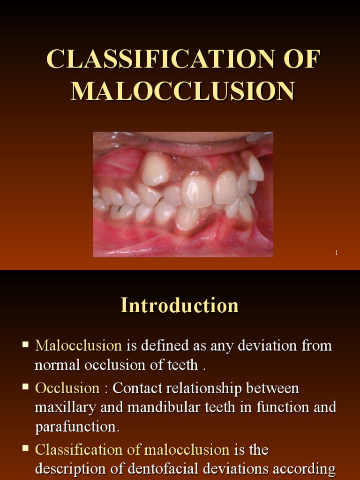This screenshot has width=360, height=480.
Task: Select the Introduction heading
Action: tap(180, 306)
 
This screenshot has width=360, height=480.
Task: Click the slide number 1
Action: tap(336, 253)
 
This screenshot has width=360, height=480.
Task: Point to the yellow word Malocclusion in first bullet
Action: tap(78, 346)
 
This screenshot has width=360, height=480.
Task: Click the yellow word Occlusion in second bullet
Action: tap(67, 388)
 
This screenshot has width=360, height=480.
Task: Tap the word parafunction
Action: tap(77, 427)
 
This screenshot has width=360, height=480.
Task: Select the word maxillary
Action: tap(64, 407)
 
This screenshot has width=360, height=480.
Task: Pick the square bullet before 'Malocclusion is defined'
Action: tap(26, 345)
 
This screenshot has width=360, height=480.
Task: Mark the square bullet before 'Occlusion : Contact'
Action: tap(26, 388)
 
